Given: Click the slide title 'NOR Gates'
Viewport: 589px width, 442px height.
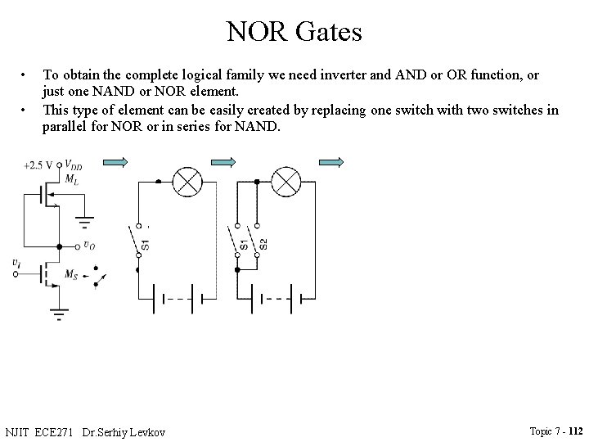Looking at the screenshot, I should click(x=294, y=32).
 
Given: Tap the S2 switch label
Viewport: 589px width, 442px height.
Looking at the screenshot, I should click(x=263, y=244).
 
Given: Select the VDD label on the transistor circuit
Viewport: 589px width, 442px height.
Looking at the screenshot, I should click(x=73, y=165).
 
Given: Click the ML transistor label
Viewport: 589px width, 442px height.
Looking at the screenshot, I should click(x=71, y=178).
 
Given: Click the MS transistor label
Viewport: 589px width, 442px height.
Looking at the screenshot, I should click(x=71, y=273).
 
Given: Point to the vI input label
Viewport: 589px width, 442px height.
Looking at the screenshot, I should click(x=17, y=262).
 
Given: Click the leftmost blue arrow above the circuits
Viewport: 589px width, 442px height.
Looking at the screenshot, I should click(x=116, y=163).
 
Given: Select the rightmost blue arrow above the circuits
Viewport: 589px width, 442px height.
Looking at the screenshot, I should click(x=331, y=163).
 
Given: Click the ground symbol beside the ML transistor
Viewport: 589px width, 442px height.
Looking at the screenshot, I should click(x=84, y=222).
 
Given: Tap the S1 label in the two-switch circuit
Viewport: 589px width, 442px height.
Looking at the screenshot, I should click(x=245, y=244).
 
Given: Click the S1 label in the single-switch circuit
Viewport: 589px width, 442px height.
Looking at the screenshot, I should click(x=146, y=243).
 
